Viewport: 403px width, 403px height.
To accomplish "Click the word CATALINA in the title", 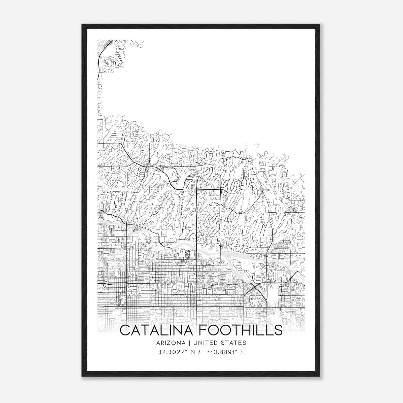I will pyautogui.click(x=158, y=330).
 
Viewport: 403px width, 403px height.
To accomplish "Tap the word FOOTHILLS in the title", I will pyautogui.click(x=241, y=330).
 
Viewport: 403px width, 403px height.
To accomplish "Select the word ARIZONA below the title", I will pyautogui.click(x=171, y=343).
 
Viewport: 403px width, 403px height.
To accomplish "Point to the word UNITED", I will pyautogui.click(x=205, y=343).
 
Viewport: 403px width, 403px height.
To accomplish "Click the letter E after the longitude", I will pyautogui.click(x=242, y=352).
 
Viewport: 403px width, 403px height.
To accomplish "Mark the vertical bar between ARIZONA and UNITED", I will pyautogui.click(x=188, y=343).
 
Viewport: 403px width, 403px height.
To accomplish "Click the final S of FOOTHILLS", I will pyautogui.click(x=278, y=330).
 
